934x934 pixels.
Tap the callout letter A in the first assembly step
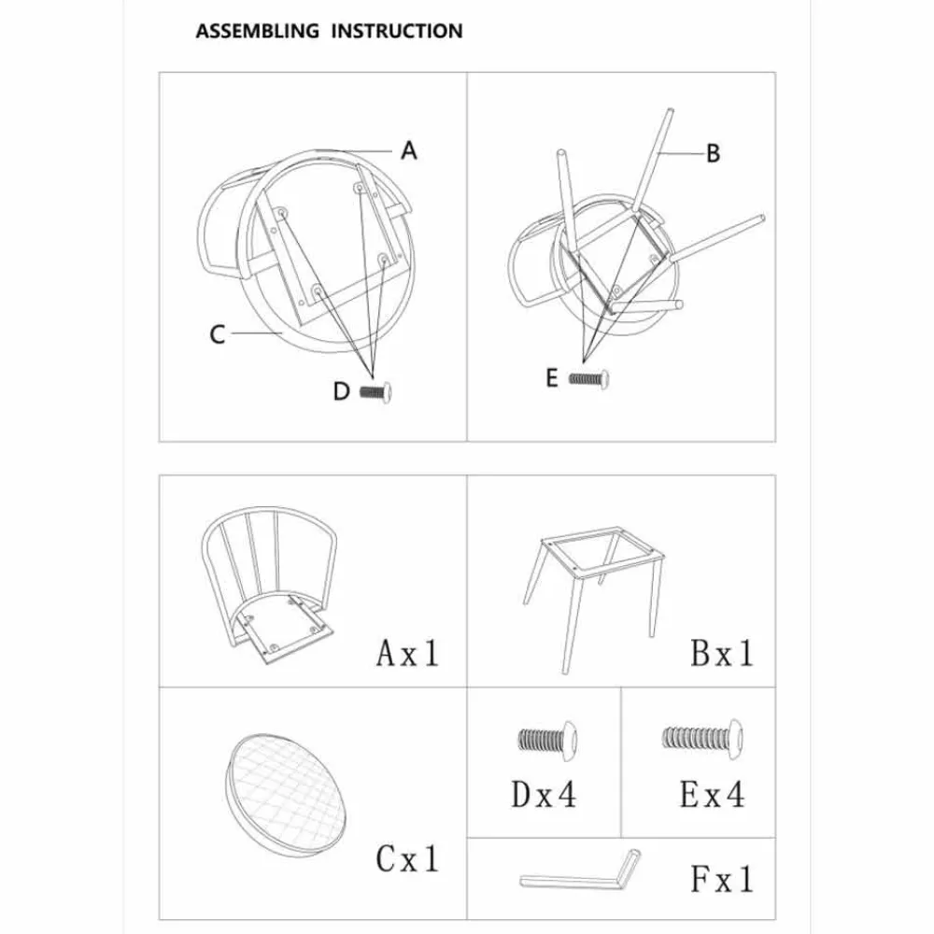coord(408,149)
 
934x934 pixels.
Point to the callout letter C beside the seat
coord(217,333)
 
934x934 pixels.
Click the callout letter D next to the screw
coord(343,391)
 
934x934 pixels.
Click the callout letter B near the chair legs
coord(713,153)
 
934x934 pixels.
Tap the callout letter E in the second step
coord(553,377)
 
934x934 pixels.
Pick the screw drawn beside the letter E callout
coord(590,377)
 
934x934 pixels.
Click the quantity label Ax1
coord(407,653)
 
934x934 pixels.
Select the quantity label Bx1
coord(721,653)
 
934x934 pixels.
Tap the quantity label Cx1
coord(407,856)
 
